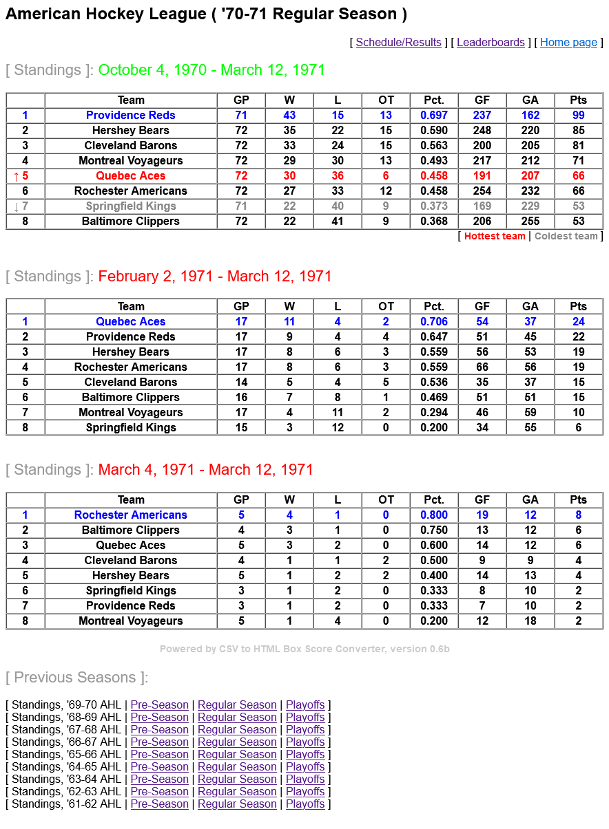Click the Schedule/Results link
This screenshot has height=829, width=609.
(398, 43)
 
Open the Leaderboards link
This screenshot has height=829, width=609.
(491, 43)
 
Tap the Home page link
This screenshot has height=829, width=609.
(568, 43)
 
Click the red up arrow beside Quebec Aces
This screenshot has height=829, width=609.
(17, 176)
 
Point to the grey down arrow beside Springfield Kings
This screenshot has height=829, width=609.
(17, 206)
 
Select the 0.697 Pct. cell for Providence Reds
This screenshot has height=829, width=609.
(434, 116)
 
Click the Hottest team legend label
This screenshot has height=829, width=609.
(495, 237)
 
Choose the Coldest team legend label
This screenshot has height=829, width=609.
(566, 237)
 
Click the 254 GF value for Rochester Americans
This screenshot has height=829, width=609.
(482, 191)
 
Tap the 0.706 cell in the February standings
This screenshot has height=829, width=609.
(434, 322)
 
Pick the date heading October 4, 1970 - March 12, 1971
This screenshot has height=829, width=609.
(211, 70)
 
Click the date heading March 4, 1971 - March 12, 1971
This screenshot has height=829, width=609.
(205, 470)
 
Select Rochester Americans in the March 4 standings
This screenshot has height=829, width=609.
(131, 515)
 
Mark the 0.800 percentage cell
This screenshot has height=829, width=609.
(434, 515)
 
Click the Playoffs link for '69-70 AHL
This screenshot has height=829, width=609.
(305, 705)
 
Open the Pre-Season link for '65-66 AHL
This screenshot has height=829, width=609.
(159, 755)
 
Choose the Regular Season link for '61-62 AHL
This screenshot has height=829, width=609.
(237, 804)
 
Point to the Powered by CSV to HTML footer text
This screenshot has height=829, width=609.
(304, 649)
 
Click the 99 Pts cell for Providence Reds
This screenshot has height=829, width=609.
(579, 116)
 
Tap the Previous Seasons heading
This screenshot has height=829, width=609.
(76, 678)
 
